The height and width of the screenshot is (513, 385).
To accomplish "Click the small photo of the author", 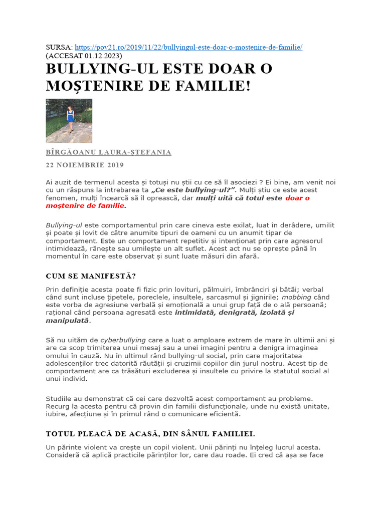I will (69, 121).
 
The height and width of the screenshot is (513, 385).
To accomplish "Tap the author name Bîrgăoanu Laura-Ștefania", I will (108, 153).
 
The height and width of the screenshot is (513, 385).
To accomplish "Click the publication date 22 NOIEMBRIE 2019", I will (85, 165).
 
